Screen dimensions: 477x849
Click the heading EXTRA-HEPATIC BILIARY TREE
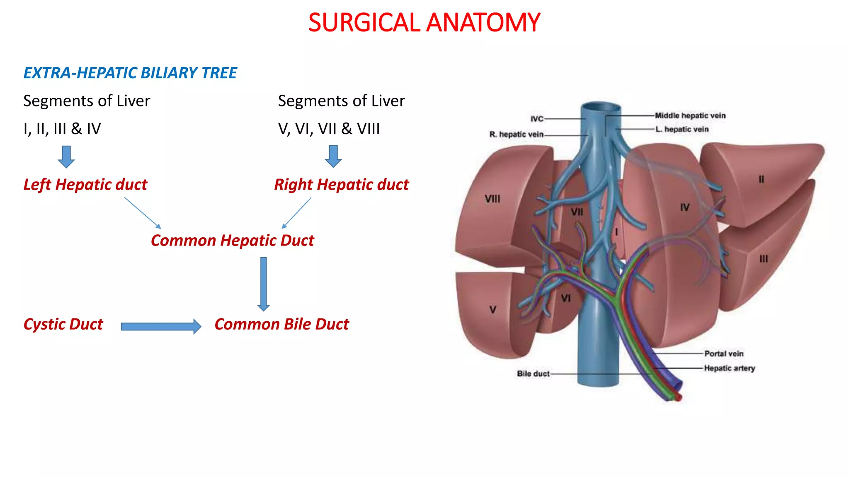click(130, 73)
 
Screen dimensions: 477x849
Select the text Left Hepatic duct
click(85, 185)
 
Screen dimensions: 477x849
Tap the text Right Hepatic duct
click(342, 185)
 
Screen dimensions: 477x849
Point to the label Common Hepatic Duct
click(232, 241)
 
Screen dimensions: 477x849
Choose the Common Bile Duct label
click(281, 324)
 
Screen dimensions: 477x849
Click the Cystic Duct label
click(63, 324)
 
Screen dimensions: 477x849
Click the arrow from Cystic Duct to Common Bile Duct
click(161, 326)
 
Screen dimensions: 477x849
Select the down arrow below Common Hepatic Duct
click(264, 284)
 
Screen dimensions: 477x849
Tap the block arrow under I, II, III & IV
click(66, 157)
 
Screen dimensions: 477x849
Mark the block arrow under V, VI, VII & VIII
click(333, 156)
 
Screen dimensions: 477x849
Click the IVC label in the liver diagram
click(537, 119)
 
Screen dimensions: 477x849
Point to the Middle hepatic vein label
click(690, 116)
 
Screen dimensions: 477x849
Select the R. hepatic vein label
click(516, 134)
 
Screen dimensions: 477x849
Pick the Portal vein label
click(724, 354)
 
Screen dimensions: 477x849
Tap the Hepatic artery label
click(729, 368)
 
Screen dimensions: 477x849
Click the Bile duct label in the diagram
click(533, 373)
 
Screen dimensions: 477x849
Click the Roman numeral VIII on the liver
click(492, 199)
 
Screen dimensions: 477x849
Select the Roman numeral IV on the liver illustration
click(684, 207)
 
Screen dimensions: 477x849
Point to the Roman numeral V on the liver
click(492, 309)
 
